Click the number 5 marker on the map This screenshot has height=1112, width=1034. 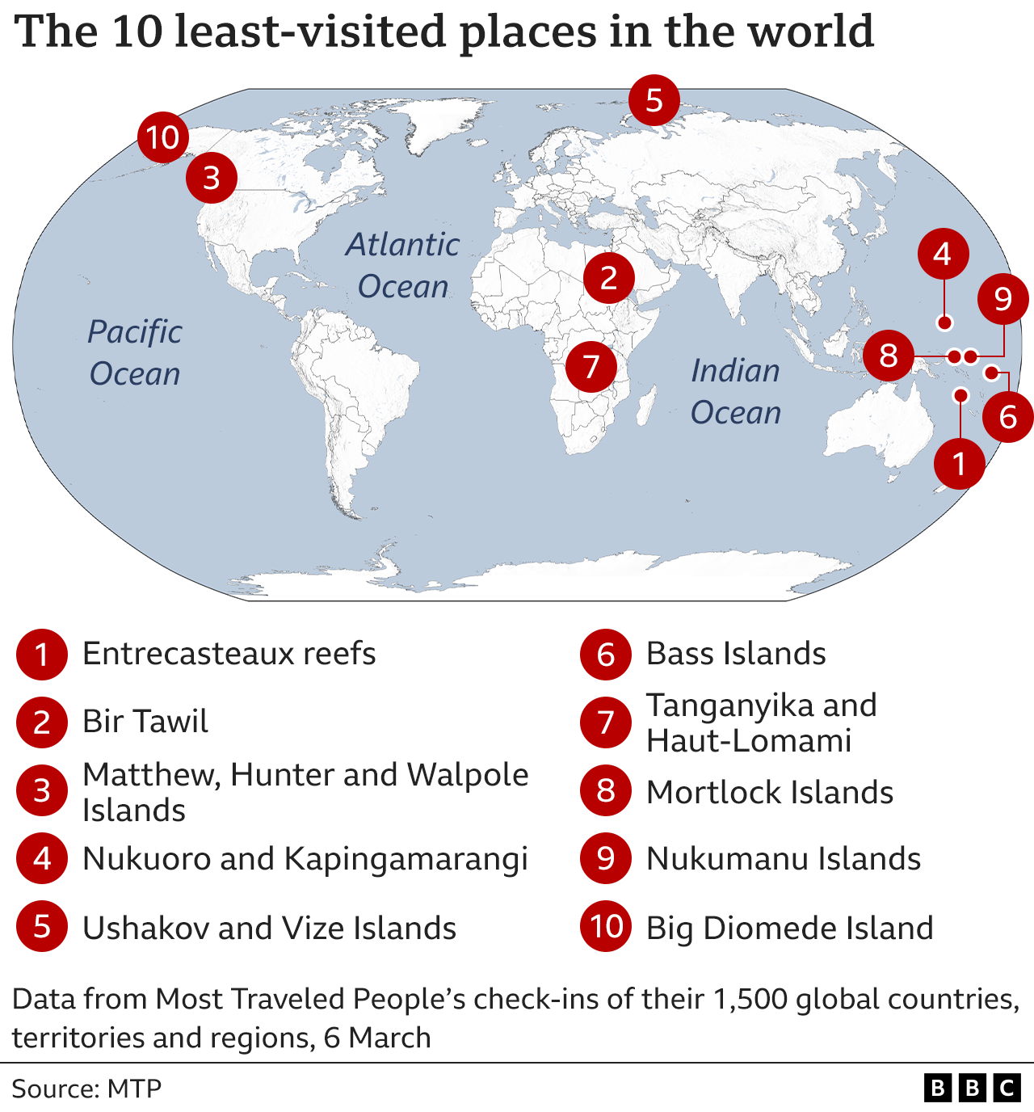(654, 100)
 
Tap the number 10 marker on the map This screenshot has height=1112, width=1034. (163, 137)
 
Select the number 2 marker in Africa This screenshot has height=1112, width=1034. (609, 277)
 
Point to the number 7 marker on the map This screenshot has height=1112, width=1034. (591, 366)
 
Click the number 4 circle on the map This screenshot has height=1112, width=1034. (943, 254)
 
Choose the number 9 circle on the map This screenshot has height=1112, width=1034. (1002, 298)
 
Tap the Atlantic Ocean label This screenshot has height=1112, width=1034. (402, 265)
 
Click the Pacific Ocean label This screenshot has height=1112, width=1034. (135, 352)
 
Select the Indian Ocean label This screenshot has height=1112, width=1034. (735, 391)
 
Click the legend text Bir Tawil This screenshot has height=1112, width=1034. (145, 721)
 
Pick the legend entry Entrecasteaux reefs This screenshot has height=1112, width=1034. (229, 653)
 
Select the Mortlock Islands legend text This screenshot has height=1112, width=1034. (769, 792)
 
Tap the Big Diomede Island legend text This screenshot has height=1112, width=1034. (789, 928)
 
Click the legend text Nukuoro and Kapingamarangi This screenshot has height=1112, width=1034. (305, 859)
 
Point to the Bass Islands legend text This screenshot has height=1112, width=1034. (736, 653)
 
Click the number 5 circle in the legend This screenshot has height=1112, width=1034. (41, 927)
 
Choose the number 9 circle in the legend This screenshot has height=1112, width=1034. (606, 858)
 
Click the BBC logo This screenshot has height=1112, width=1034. (972, 1088)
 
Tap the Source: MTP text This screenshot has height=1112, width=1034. (86, 1089)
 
